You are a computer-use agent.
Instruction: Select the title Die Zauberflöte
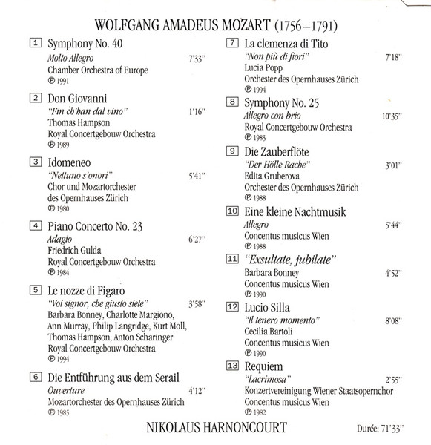click(279, 151)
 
